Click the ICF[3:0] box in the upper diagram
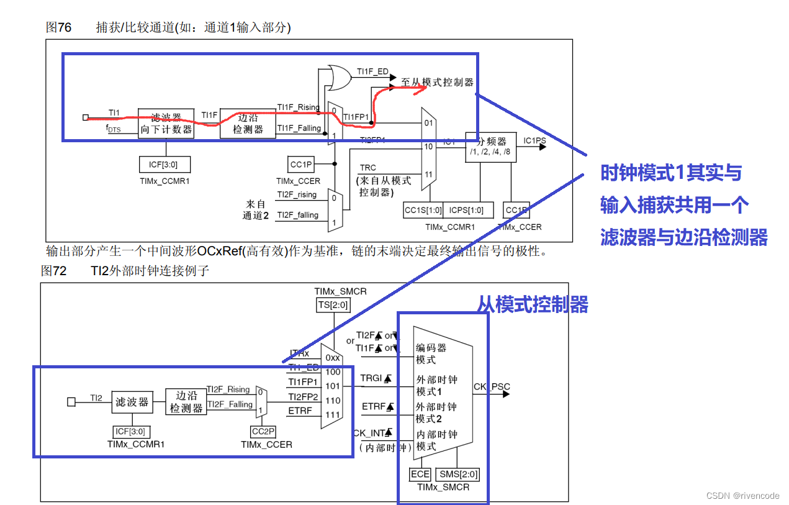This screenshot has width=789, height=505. [x=165, y=165]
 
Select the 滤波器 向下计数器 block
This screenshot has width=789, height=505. [x=166, y=123]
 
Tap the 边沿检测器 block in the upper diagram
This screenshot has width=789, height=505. [x=248, y=123]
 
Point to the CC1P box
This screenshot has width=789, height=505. [x=301, y=165]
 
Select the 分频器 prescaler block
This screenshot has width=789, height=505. [x=490, y=147]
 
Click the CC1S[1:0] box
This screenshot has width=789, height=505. [x=423, y=210]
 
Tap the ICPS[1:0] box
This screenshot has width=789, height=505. [x=466, y=210]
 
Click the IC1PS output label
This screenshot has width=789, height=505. [x=534, y=141]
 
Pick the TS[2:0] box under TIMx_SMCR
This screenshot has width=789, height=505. [x=333, y=304]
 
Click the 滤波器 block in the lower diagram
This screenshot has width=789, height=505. [x=132, y=403]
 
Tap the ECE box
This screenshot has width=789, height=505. [x=420, y=475]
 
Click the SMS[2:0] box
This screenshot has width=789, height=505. [x=458, y=475]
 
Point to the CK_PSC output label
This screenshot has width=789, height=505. [x=492, y=387]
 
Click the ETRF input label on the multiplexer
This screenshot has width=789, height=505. [x=300, y=411]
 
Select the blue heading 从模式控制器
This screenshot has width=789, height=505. [x=532, y=304]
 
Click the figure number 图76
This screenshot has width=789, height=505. [x=59, y=27]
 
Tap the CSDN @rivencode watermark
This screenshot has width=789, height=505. [x=742, y=496]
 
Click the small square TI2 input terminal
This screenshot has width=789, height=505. [x=71, y=402]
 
